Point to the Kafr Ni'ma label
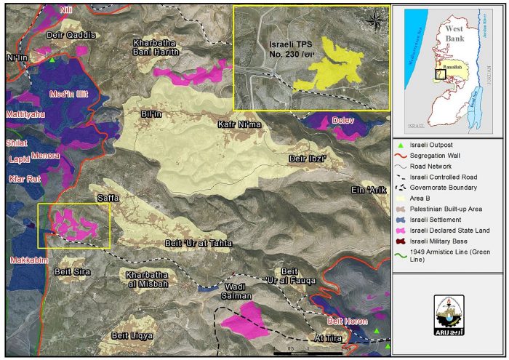(239, 125)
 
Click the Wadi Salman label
(236, 292)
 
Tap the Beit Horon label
(345, 319)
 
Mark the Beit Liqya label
(132, 335)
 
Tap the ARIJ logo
(449, 315)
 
